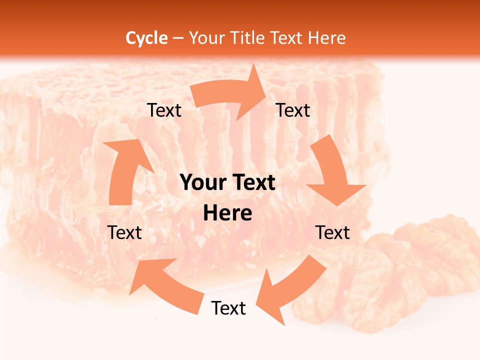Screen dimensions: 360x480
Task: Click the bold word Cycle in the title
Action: (146, 38)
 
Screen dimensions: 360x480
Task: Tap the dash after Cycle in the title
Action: (178, 38)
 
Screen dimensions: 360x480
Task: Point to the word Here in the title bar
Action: (326, 38)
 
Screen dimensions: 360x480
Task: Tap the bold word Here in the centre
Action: (227, 213)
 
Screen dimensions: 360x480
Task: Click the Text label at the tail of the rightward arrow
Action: (164, 110)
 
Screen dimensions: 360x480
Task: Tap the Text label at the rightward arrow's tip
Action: (293, 110)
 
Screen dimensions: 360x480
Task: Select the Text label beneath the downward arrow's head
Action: (332, 232)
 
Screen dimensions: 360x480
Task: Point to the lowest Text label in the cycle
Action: (228, 308)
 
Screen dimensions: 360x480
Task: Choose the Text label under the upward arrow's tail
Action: (124, 232)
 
